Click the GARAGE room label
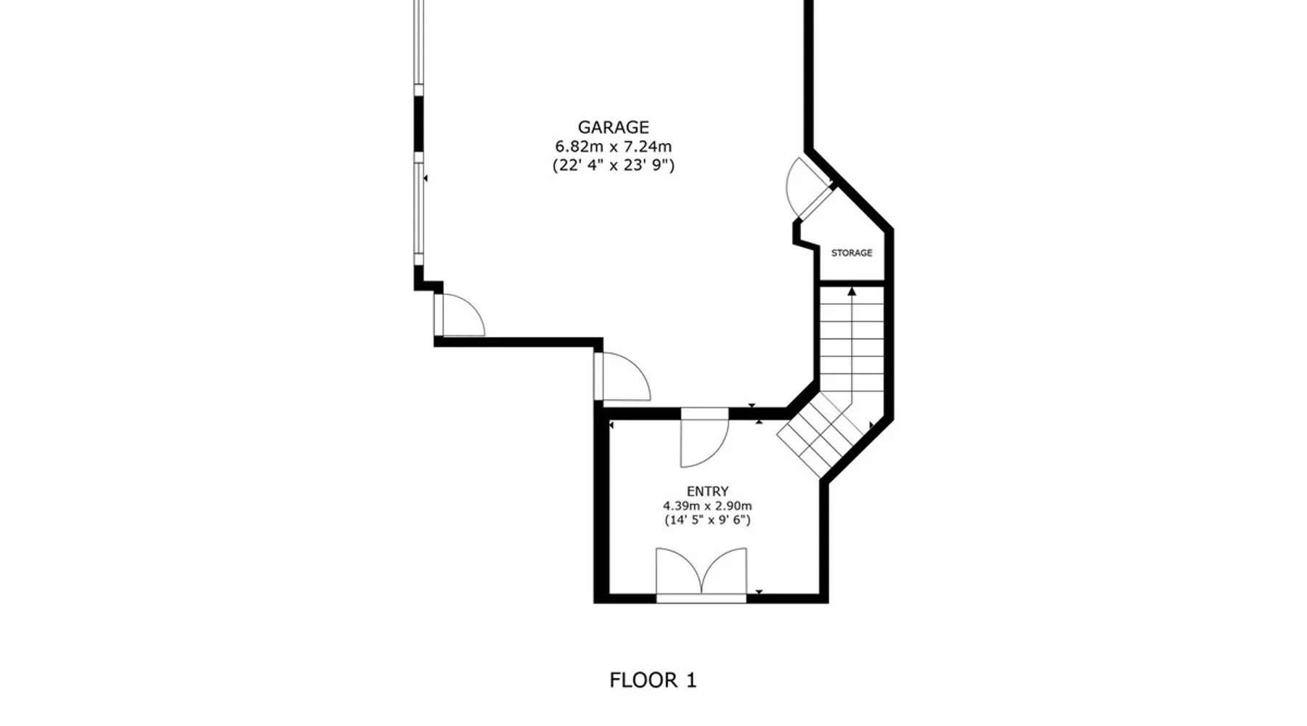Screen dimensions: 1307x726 [x=614, y=128]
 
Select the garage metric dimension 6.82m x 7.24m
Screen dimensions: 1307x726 [x=614, y=147]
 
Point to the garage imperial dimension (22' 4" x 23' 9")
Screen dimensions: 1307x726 [x=614, y=166]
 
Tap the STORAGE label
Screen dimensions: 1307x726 [x=852, y=253]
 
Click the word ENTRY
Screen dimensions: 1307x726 [x=708, y=492]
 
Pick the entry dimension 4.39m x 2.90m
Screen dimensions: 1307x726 [x=707, y=506]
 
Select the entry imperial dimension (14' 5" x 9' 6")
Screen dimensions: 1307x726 [x=707, y=521]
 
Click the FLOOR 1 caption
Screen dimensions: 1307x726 [x=653, y=680]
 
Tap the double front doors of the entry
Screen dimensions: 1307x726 [x=701, y=574]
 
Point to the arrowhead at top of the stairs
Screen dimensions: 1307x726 [x=852, y=291]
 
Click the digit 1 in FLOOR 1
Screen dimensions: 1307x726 [x=691, y=680]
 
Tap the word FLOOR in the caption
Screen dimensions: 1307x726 [x=643, y=680]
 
